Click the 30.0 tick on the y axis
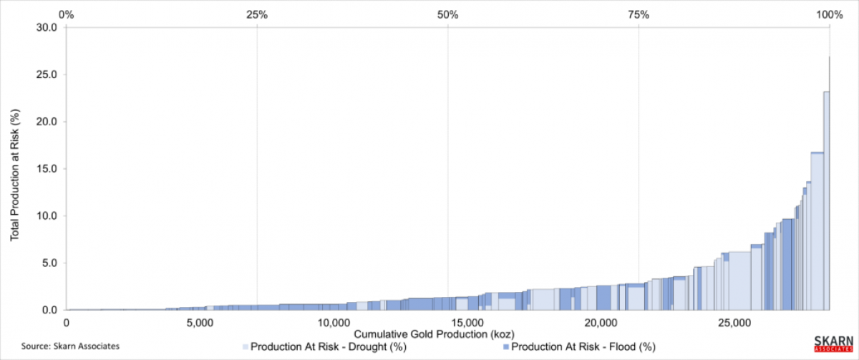coord(47,27)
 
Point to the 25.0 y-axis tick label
coord(47,74)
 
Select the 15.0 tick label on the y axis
coord(47,169)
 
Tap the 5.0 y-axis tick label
coord(50,263)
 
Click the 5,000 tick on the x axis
coord(200,322)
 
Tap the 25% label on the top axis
coord(257,14)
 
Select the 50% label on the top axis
coord(447,14)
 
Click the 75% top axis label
coord(639,14)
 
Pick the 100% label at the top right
coord(829,14)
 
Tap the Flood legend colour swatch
coord(507,347)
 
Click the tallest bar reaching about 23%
coord(826,200)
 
